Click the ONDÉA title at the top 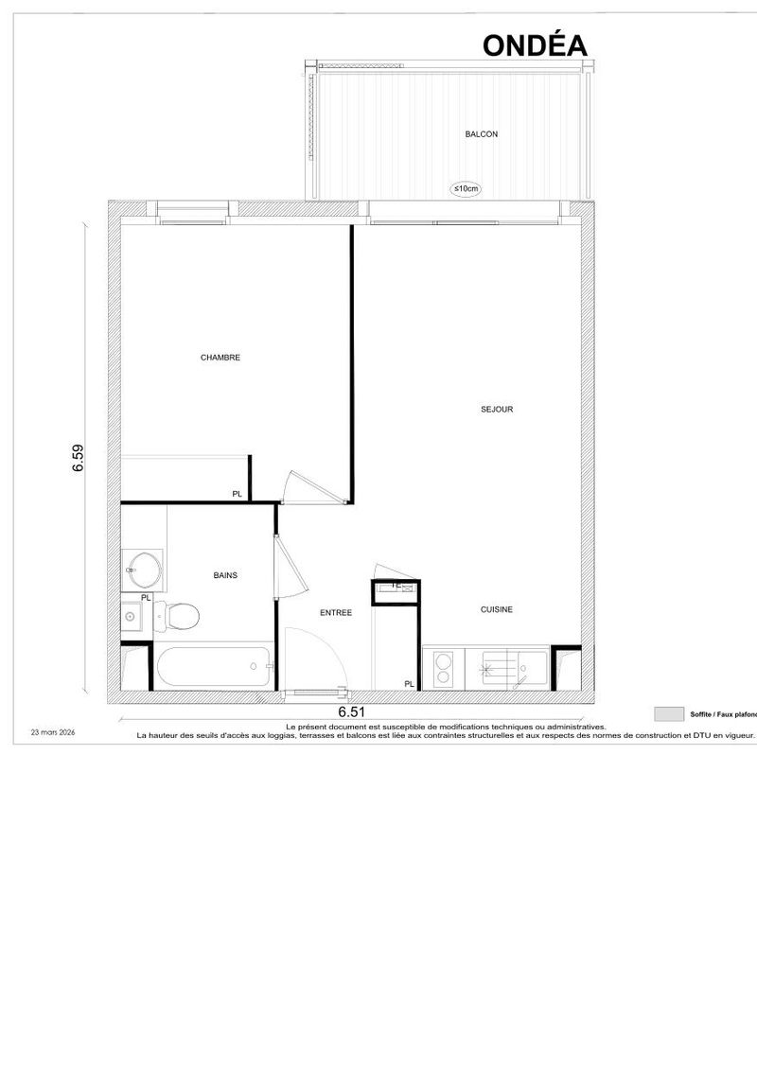(535, 45)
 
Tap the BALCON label (482, 134)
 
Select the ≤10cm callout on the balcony (467, 188)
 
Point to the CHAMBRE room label (220, 358)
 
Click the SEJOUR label (497, 410)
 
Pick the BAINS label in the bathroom (225, 575)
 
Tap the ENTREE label (336, 613)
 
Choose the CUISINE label (496, 609)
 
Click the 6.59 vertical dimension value (79, 458)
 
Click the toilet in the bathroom (178, 616)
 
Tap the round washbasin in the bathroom (144, 570)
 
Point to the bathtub (214, 667)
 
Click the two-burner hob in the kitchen (443, 668)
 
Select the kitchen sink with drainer (516, 668)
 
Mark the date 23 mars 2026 (53, 731)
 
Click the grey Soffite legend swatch (669, 713)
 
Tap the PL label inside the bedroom (237, 494)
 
